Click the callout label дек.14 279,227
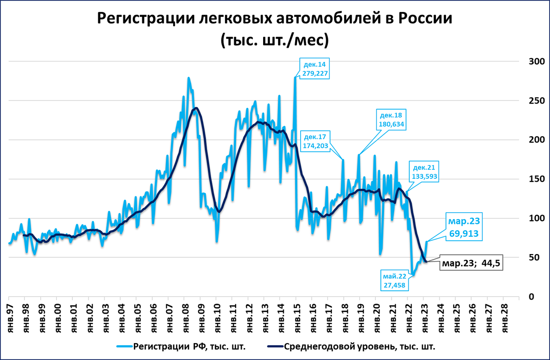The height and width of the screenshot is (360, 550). (x=314, y=68)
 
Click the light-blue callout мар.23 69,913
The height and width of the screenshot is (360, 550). (x=463, y=227)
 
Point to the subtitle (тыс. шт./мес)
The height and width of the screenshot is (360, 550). (x=275, y=40)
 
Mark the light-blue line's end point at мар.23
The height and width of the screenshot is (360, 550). (x=427, y=242)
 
